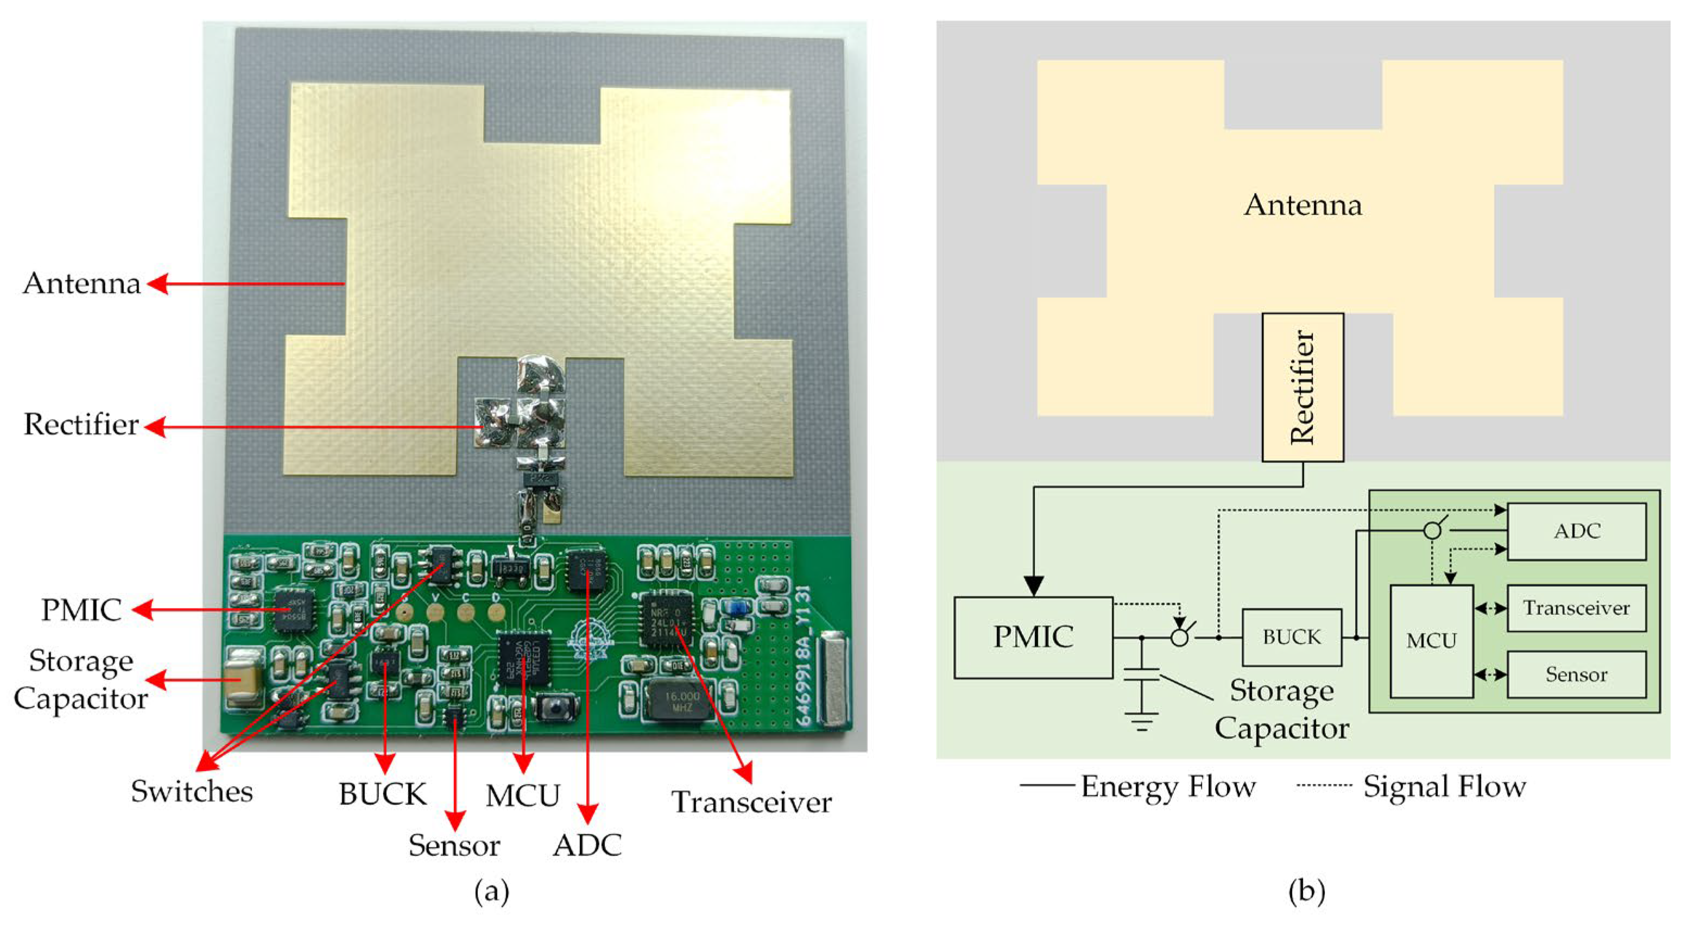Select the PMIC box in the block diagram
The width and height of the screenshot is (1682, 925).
click(1033, 637)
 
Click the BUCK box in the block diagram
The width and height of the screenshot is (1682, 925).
click(1291, 637)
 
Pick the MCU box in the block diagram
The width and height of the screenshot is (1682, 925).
click(1431, 641)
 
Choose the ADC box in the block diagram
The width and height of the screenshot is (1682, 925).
click(1576, 531)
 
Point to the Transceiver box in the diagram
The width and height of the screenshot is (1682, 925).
click(1576, 608)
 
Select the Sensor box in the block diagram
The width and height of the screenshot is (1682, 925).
click(1576, 674)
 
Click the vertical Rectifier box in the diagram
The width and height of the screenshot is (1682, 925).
click(1302, 387)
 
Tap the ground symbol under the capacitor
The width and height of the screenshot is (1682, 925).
click(1141, 722)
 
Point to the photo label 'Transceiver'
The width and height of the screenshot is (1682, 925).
click(751, 802)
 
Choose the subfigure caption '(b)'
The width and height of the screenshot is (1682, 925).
click(1306, 891)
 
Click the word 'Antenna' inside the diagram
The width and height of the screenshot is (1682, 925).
click(1302, 205)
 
